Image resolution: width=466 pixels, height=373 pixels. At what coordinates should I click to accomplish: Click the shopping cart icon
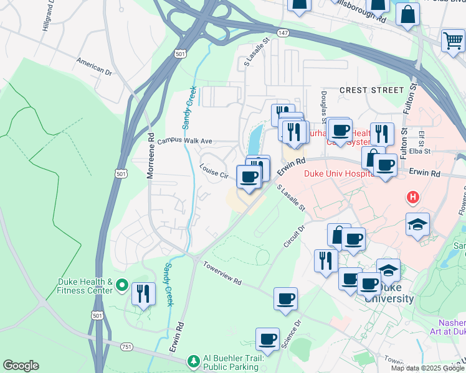click(453, 41)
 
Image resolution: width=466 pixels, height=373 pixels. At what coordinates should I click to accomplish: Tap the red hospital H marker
click(411, 198)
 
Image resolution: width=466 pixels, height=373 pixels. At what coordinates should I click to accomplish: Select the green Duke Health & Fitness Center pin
click(121, 287)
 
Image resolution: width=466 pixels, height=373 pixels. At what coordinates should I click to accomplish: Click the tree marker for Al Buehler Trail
click(194, 361)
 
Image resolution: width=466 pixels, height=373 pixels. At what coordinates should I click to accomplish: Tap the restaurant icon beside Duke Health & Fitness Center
click(143, 293)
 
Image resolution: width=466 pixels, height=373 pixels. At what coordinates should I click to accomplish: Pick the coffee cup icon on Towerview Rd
click(285, 299)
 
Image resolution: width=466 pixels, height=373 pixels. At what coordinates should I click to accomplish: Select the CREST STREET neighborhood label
click(372, 90)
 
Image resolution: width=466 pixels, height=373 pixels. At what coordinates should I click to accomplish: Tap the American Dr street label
click(94, 67)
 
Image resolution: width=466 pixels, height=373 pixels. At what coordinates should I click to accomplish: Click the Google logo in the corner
click(21, 366)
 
